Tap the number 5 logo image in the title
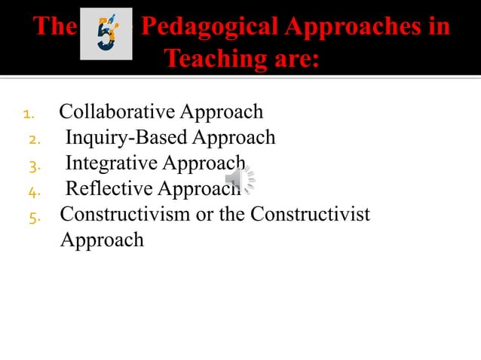pyautogui.click(x=106, y=34)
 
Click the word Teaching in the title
pyautogui.click(x=213, y=57)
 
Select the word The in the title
pyautogui.click(x=55, y=27)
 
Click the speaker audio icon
pyautogui.click(x=240, y=179)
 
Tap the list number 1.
pyautogui.click(x=29, y=115)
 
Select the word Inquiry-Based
pyautogui.click(x=127, y=138)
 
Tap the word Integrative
pyautogui.click(x=112, y=163)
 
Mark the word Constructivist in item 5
pyautogui.click(x=311, y=215)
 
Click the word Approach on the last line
pyautogui.click(x=102, y=241)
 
